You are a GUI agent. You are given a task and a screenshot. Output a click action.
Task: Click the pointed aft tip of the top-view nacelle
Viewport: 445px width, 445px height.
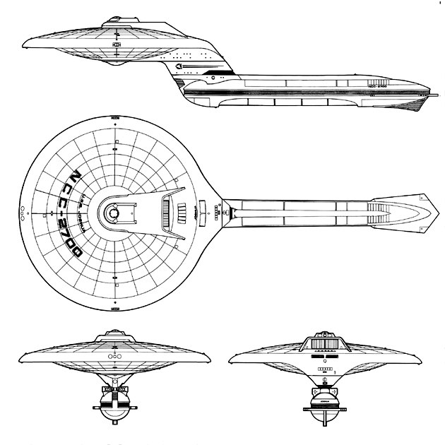tap(432, 212)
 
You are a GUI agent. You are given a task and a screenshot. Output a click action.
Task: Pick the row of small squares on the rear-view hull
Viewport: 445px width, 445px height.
tap(325, 369)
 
